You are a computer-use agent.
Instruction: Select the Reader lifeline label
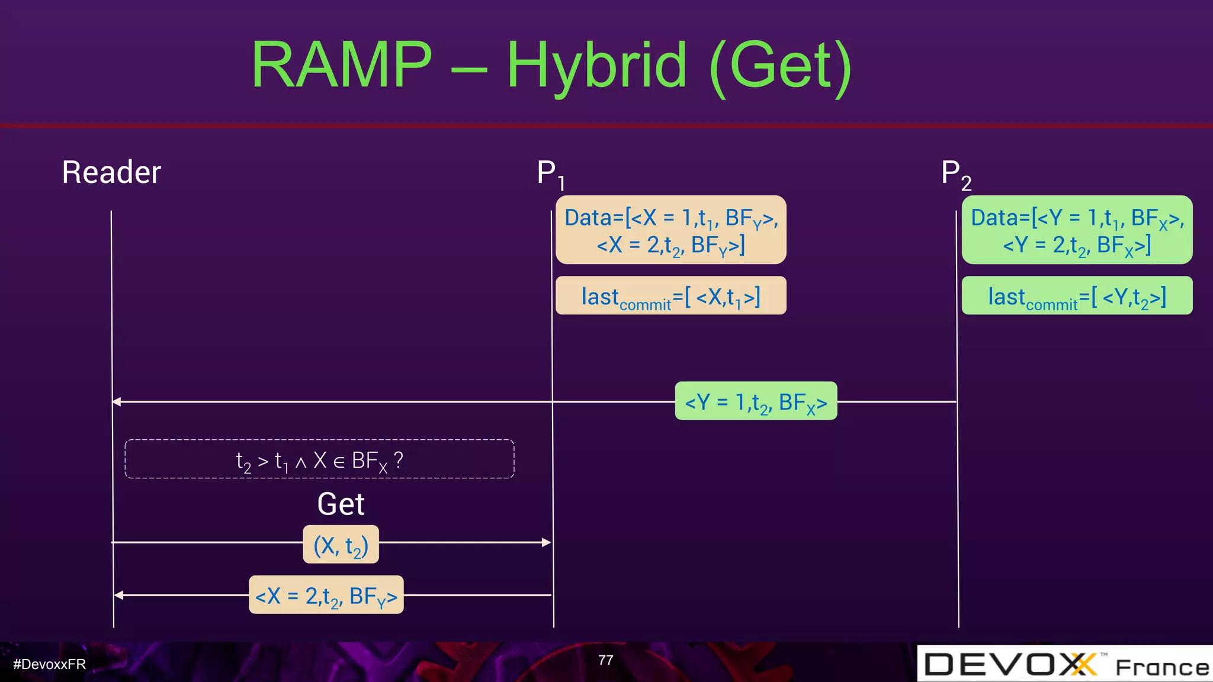(x=111, y=172)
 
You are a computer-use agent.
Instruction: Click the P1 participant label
(x=550, y=174)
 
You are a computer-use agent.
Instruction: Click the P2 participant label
(x=955, y=175)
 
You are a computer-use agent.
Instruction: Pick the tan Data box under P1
(x=670, y=230)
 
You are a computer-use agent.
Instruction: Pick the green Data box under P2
(x=1077, y=230)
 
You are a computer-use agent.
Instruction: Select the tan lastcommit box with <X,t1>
(x=670, y=295)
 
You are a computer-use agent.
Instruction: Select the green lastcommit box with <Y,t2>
(x=1077, y=295)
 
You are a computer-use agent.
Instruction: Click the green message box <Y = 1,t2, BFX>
(x=756, y=401)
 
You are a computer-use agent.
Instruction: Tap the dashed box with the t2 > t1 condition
(x=319, y=459)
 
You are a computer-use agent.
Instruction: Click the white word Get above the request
(x=341, y=504)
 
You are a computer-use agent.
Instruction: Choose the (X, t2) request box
(x=341, y=544)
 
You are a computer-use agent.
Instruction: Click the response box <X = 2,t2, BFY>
(x=326, y=595)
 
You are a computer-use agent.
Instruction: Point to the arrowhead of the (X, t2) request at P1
(x=547, y=542)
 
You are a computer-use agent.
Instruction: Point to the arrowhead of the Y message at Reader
(x=117, y=401)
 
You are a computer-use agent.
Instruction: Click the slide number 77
(x=605, y=660)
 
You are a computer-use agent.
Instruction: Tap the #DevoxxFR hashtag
(x=50, y=664)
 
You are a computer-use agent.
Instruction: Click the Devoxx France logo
(x=1065, y=664)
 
